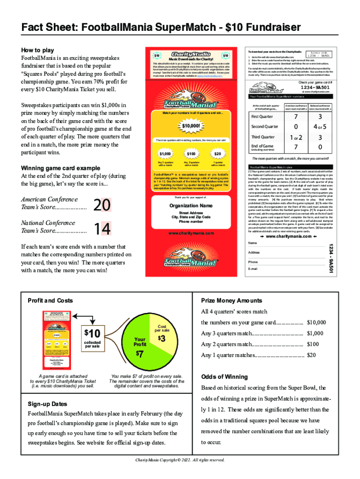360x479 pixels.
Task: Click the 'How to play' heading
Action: tap(38, 50)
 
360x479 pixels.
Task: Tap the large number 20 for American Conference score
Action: tap(102, 205)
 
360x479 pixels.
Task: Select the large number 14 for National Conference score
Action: tap(102, 228)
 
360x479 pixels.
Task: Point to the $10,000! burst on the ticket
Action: tap(189, 126)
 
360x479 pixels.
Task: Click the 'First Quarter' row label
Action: tap(263, 116)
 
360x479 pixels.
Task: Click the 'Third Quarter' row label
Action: tap(263, 137)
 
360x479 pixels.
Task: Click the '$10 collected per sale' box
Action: tap(92, 338)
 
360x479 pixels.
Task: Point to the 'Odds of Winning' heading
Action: tap(224, 377)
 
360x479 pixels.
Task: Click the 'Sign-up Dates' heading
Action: tap(47, 404)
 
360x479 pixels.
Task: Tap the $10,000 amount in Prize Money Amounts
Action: tap(317, 322)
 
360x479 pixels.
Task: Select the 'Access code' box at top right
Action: tap(318, 55)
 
